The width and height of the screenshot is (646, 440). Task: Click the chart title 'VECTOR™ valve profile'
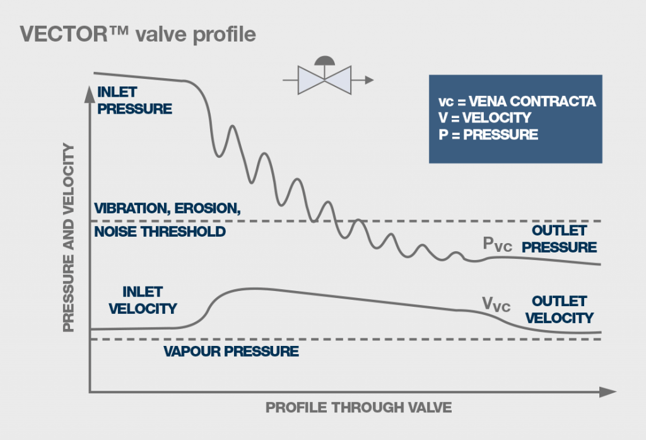(x=138, y=33)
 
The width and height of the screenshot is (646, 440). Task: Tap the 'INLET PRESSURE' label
(x=134, y=101)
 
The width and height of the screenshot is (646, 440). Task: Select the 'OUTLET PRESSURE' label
(x=563, y=239)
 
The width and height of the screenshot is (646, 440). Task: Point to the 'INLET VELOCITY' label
(x=143, y=300)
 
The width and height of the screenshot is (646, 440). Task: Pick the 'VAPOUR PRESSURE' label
(x=231, y=352)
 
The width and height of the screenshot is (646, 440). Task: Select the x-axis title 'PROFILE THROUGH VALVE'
(x=358, y=407)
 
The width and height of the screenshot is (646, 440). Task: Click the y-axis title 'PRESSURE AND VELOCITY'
(x=69, y=237)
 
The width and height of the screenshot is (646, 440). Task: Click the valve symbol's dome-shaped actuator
(x=324, y=61)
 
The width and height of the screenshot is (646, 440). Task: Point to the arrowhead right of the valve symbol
(x=369, y=80)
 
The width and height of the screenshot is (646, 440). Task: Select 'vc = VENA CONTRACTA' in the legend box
(x=517, y=102)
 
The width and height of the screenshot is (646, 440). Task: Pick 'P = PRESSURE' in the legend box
(x=488, y=134)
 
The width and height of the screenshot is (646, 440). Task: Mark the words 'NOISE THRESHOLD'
(x=160, y=231)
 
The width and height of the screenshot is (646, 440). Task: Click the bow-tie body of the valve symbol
(x=324, y=81)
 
